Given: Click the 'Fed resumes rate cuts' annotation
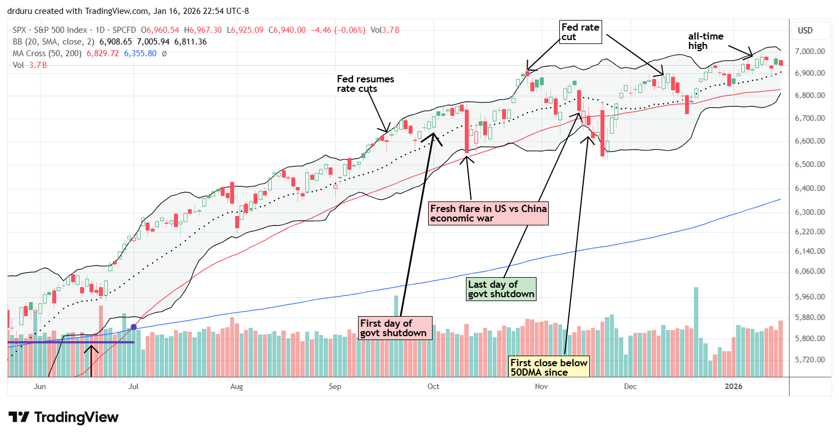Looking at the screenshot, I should [365, 83].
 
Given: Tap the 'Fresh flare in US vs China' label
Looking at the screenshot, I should [488, 214].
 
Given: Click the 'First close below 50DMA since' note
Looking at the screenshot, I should [549, 368].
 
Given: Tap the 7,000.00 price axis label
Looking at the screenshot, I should [808, 51].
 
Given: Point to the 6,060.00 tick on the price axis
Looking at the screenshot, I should [808, 272].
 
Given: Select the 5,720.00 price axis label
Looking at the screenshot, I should [808, 360].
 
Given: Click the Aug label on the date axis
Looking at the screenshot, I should [236, 385].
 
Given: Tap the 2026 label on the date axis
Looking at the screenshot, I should [735, 385].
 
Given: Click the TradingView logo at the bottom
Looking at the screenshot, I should [63, 417].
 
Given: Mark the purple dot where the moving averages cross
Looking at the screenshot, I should [133, 327].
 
